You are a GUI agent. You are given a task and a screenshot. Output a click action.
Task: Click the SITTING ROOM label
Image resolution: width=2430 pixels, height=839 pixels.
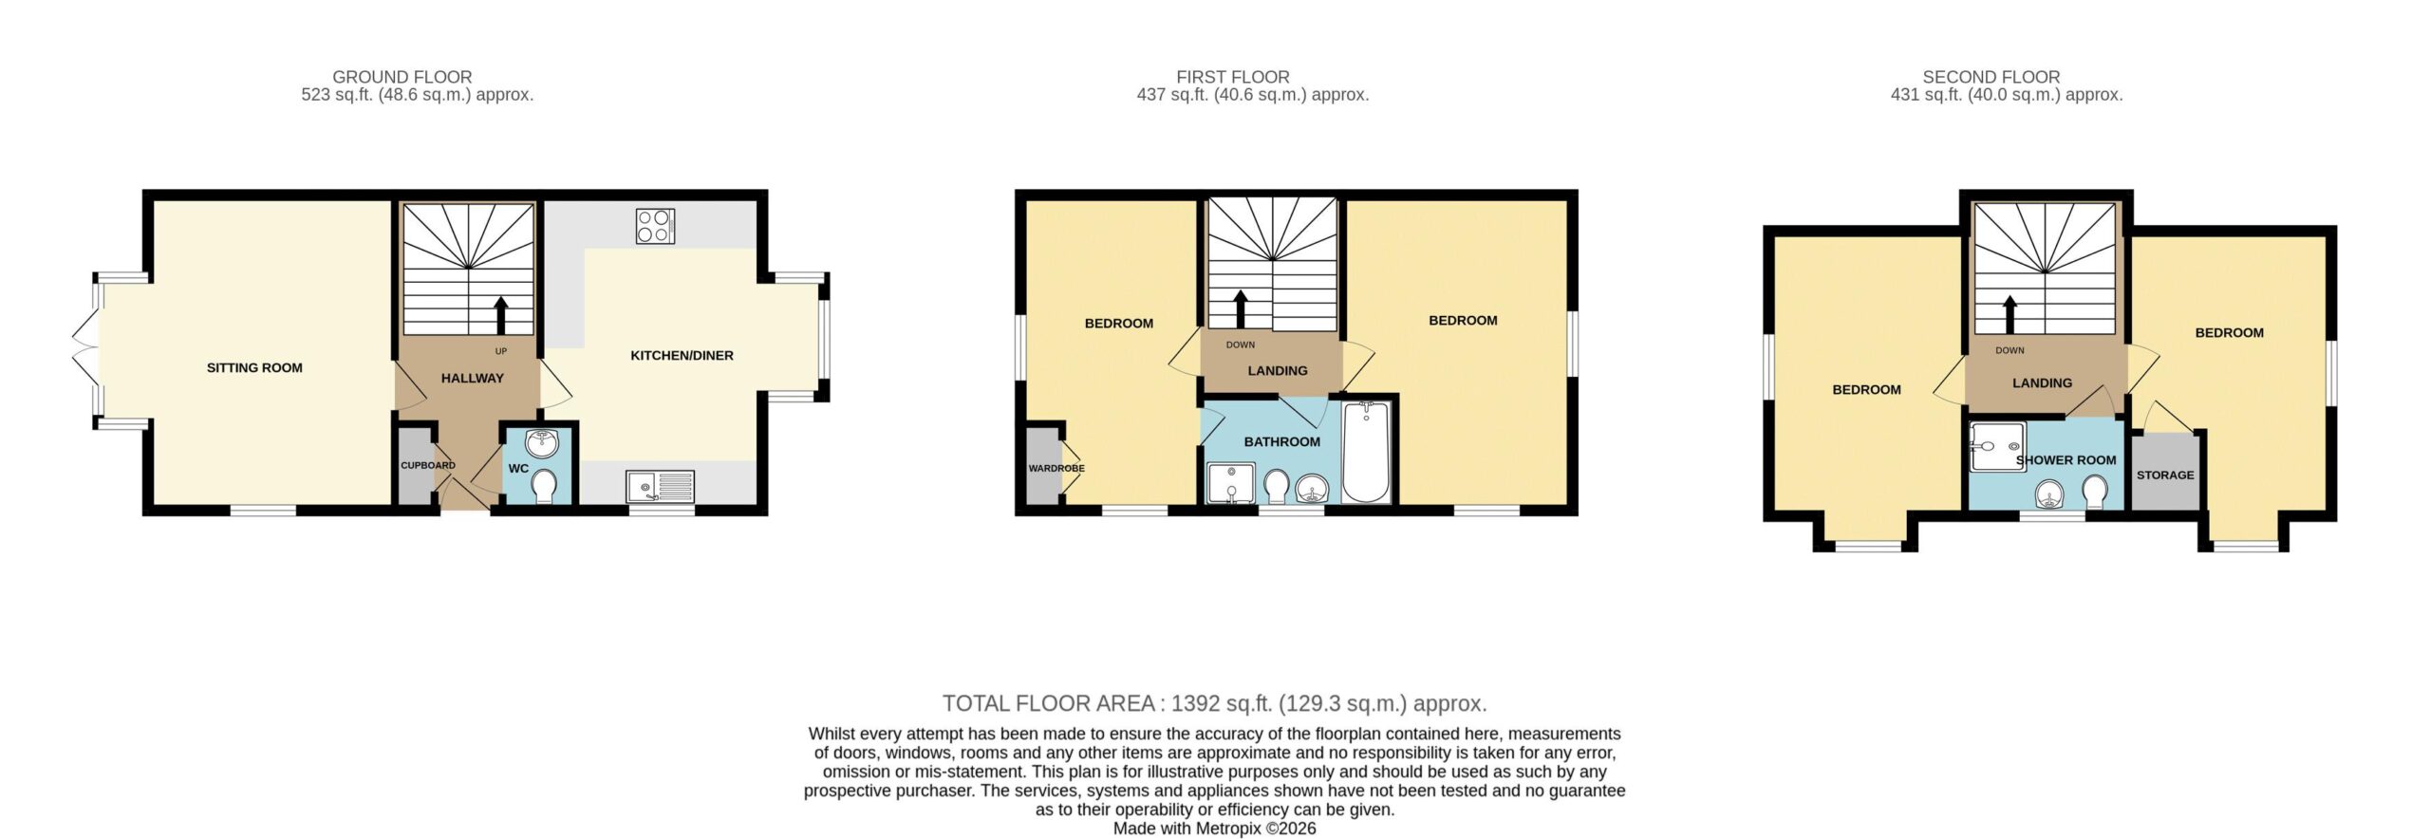pyautogui.click(x=254, y=368)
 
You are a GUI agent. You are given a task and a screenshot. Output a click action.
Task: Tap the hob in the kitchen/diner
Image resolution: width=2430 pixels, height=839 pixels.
pyautogui.click(x=656, y=226)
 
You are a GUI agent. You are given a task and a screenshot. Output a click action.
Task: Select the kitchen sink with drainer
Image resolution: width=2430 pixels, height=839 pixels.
pyautogui.click(x=660, y=486)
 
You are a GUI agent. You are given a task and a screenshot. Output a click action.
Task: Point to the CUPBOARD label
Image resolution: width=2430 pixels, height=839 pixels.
pyautogui.click(x=428, y=466)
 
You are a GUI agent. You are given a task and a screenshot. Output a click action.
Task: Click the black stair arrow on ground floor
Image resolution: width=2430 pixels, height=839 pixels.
pyautogui.click(x=500, y=315)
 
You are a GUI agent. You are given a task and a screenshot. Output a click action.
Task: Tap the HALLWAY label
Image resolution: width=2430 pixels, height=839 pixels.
pyautogui.click(x=473, y=379)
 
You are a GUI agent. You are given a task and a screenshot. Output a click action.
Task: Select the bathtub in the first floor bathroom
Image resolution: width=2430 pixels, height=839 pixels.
pyautogui.click(x=1367, y=452)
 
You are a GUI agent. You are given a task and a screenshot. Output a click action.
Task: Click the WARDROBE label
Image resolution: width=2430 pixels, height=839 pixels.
pyautogui.click(x=1056, y=469)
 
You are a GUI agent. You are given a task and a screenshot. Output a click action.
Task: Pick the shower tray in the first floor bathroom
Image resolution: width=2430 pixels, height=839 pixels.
pyautogui.click(x=1230, y=483)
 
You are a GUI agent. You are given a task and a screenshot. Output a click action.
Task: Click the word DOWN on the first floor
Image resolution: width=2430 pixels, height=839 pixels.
pyautogui.click(x=1241, y=345)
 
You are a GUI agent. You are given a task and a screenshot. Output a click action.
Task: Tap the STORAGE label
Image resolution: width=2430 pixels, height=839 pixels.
pyautogui.click(x=2165, y=475)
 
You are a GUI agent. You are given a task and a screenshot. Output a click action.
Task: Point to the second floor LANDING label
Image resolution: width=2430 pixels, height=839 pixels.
pyautogui.click(x=2043, y=383)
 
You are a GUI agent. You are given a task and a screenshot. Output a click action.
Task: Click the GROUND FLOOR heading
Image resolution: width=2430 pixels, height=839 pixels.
pyautogui.click(x=402, y=77)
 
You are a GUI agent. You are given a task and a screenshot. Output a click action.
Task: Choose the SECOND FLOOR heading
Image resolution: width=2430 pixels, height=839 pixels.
pyautogui.click(x=1991, y=77)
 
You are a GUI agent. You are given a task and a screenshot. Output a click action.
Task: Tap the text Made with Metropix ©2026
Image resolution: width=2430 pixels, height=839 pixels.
pyautogui.click(x=1215, y=829)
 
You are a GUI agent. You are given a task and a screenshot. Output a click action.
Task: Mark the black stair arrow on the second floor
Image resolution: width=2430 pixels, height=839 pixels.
pyautogui.click(x=2009, y=315)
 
